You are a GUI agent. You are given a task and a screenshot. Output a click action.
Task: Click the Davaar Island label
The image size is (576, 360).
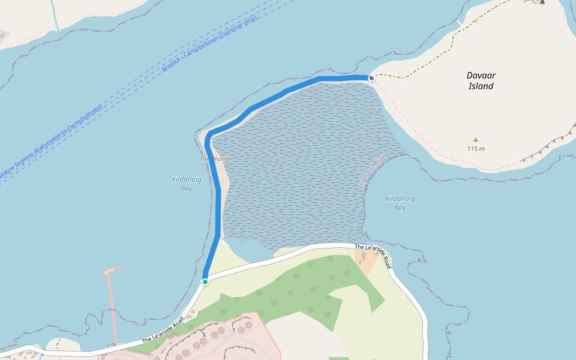click(481, 81)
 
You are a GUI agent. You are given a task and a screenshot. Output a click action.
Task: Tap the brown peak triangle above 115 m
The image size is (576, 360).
click(476, 139)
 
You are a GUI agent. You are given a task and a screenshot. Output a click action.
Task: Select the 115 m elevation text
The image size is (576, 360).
click(476, 149)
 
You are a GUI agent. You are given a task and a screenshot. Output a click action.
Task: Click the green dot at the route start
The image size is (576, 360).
click(205, 281)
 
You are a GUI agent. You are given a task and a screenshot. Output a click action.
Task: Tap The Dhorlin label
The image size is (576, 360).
click(215, 159)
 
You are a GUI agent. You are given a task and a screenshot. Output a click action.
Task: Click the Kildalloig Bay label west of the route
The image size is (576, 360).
click(187, 184)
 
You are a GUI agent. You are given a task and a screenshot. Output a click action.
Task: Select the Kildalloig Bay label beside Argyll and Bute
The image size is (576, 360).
click(400, 203)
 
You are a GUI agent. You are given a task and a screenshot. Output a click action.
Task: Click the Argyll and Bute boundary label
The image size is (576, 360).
click(372, 173)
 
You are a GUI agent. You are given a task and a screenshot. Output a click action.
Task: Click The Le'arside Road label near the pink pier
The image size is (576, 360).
click(162, 330)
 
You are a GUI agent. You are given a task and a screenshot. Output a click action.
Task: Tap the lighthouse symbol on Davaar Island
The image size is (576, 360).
click(542, 2)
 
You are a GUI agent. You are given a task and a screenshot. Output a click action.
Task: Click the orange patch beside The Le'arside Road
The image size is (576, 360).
click(364, 260)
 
